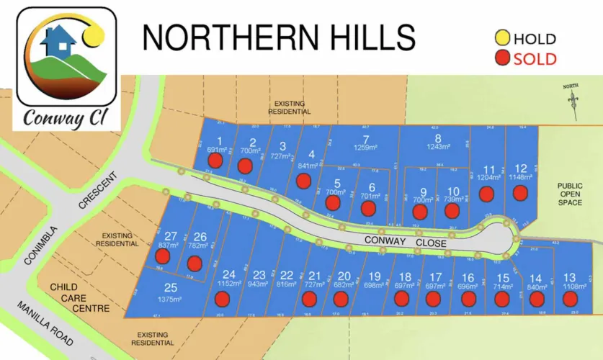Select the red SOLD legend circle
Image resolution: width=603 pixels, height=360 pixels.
tap(501, 58)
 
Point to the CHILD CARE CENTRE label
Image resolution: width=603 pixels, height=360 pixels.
tap(79, 298)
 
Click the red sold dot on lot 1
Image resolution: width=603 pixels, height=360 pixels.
tap(215, 161)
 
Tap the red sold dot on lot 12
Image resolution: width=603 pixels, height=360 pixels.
tap(520, 193)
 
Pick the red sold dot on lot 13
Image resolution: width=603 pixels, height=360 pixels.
tap(569, 298)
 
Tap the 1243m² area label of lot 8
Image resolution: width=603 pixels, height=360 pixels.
tap(437, 148)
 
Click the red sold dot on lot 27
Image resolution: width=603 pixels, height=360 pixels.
tap(164, 256)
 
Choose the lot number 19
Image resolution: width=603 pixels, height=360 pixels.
tap(374, 276)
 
